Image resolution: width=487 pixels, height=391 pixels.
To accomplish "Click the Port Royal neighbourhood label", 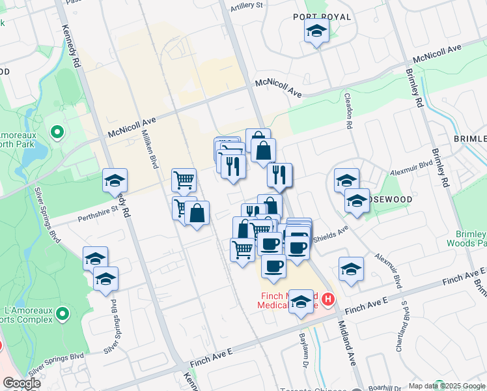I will pyautogui.click(x=322, y=16).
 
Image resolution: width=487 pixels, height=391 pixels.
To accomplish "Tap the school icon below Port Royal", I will pyautogui.click(x=316, y=31).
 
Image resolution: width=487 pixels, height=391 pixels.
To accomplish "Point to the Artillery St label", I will pyautogui.click(x=247, y=6).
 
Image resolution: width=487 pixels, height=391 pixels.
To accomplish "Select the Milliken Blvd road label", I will pyautogui.click(x=150, y=149).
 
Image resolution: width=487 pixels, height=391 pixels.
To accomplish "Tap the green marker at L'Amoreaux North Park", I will pyautogui.click(x=57, y=133).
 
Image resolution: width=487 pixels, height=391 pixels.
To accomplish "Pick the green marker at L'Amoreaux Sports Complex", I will pyautogui.click(x=63, y=315).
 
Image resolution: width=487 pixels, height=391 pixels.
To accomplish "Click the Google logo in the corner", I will pyautogui.click(x=21, y=383).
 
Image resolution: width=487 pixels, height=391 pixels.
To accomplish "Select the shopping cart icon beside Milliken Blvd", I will pyautogui.click(x=184, y=179).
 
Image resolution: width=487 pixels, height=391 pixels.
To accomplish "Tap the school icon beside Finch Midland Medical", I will pyautogui.click(x=301, y=302).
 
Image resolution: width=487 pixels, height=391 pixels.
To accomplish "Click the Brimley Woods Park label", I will pyautogui.click(x=473, y=238).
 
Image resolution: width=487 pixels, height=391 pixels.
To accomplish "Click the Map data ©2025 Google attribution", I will pyautogui.click(x=446, y=386).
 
